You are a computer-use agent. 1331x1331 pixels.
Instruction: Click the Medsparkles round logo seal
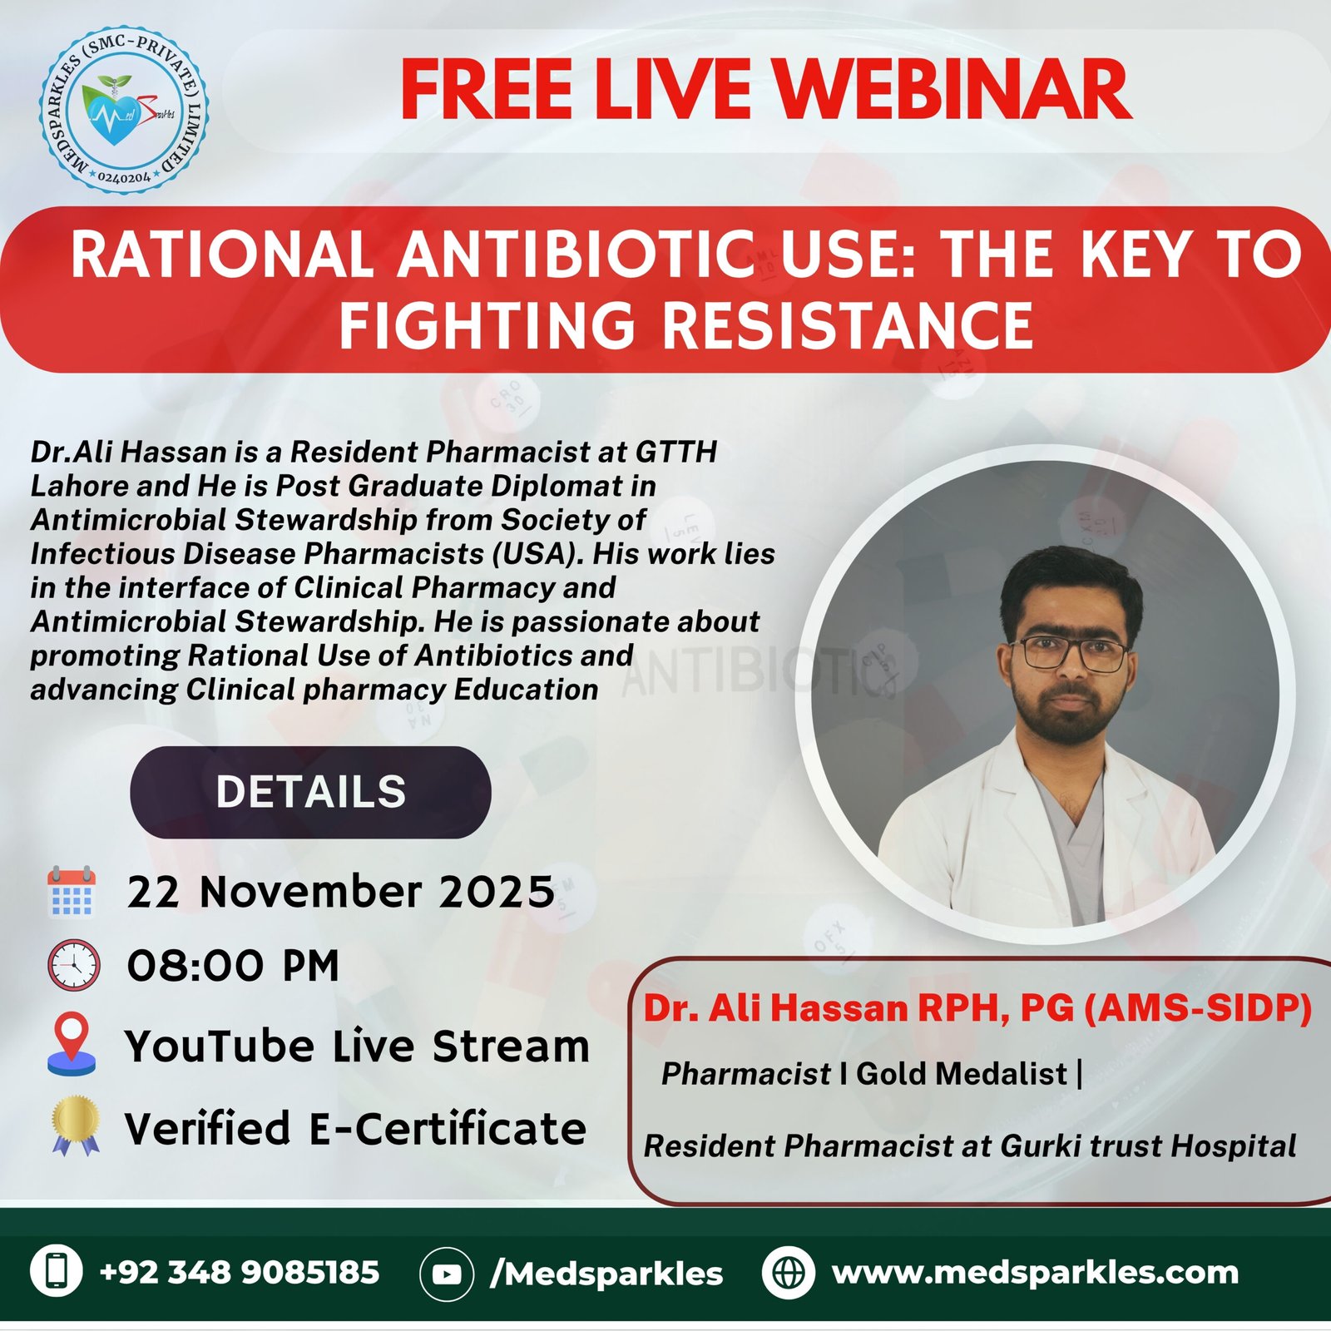point(124,109)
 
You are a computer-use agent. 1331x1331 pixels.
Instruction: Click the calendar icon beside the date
point(72,891)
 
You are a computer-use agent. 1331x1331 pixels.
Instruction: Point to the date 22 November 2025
point(340,892)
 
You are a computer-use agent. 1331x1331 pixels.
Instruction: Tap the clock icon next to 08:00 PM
point(74,965)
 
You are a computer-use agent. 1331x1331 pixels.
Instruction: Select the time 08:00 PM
point(233,966)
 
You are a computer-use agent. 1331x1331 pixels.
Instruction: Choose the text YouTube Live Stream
point(357,1046)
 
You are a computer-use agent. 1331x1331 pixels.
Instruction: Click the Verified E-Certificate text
point(355,1129)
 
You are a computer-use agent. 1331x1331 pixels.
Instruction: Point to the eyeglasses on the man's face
point(1073,652)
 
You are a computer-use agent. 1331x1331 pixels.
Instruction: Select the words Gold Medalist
point(961,1074)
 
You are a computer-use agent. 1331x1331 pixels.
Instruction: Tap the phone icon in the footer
point(57,1271)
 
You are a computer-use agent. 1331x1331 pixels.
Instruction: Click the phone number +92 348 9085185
point(239,1272)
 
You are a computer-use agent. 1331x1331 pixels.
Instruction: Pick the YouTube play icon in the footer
point(447,1273)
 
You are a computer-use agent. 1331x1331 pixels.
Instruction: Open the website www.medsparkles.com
point(1035,1272)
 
